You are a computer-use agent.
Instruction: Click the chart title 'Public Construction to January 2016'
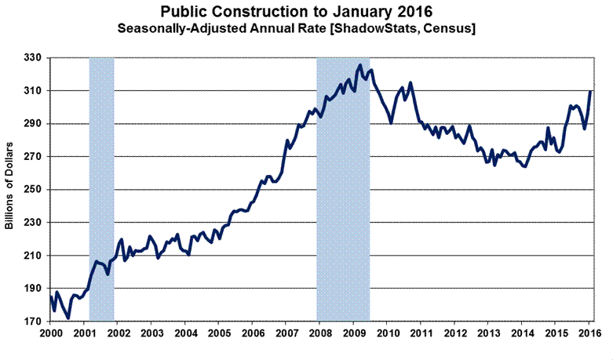point(305,13)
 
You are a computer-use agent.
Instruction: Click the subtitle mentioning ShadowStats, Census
point(305,29)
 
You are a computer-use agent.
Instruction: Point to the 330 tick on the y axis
point(34,58)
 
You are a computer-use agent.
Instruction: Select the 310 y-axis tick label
point(34,91)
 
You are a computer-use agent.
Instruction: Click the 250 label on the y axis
point(34,190)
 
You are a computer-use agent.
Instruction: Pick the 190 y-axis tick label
point(34,289)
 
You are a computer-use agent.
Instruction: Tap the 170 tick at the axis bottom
point(34,322)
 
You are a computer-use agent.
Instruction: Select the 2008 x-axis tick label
point(319,333)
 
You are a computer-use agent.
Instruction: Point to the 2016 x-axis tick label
point(588,333)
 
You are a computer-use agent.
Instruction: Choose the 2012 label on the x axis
point(454,333)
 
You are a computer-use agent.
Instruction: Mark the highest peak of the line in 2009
point(359,65)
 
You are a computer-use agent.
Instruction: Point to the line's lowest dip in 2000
point(68,318)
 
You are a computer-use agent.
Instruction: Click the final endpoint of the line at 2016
point(590,92)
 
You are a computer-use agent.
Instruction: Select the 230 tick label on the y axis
point(34,223)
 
